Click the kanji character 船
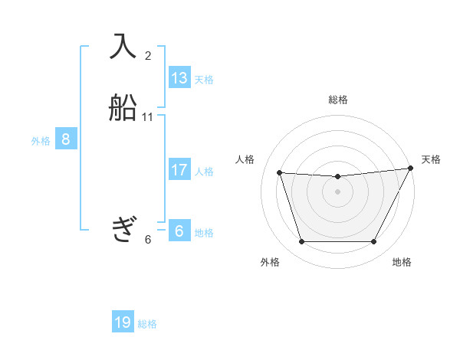point(123,107)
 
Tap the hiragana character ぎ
point(123,229)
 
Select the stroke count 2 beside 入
point(148,55)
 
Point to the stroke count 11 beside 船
point(148,117)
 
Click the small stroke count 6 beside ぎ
point(148,239)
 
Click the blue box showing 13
point(179,78)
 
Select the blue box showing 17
point(179,170)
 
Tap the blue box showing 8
point(66,139)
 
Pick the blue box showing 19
point(123,322)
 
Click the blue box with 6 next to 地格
point(179,231)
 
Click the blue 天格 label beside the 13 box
point(204,80)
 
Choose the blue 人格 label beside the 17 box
point(204,172)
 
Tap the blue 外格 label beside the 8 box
point(41,140)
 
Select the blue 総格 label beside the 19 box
point(147,324)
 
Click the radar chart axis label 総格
point(338,100)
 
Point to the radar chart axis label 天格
point(431,159)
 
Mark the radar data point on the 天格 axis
point(411,169)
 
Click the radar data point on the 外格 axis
point(301,242)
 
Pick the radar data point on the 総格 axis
point(337,177)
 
